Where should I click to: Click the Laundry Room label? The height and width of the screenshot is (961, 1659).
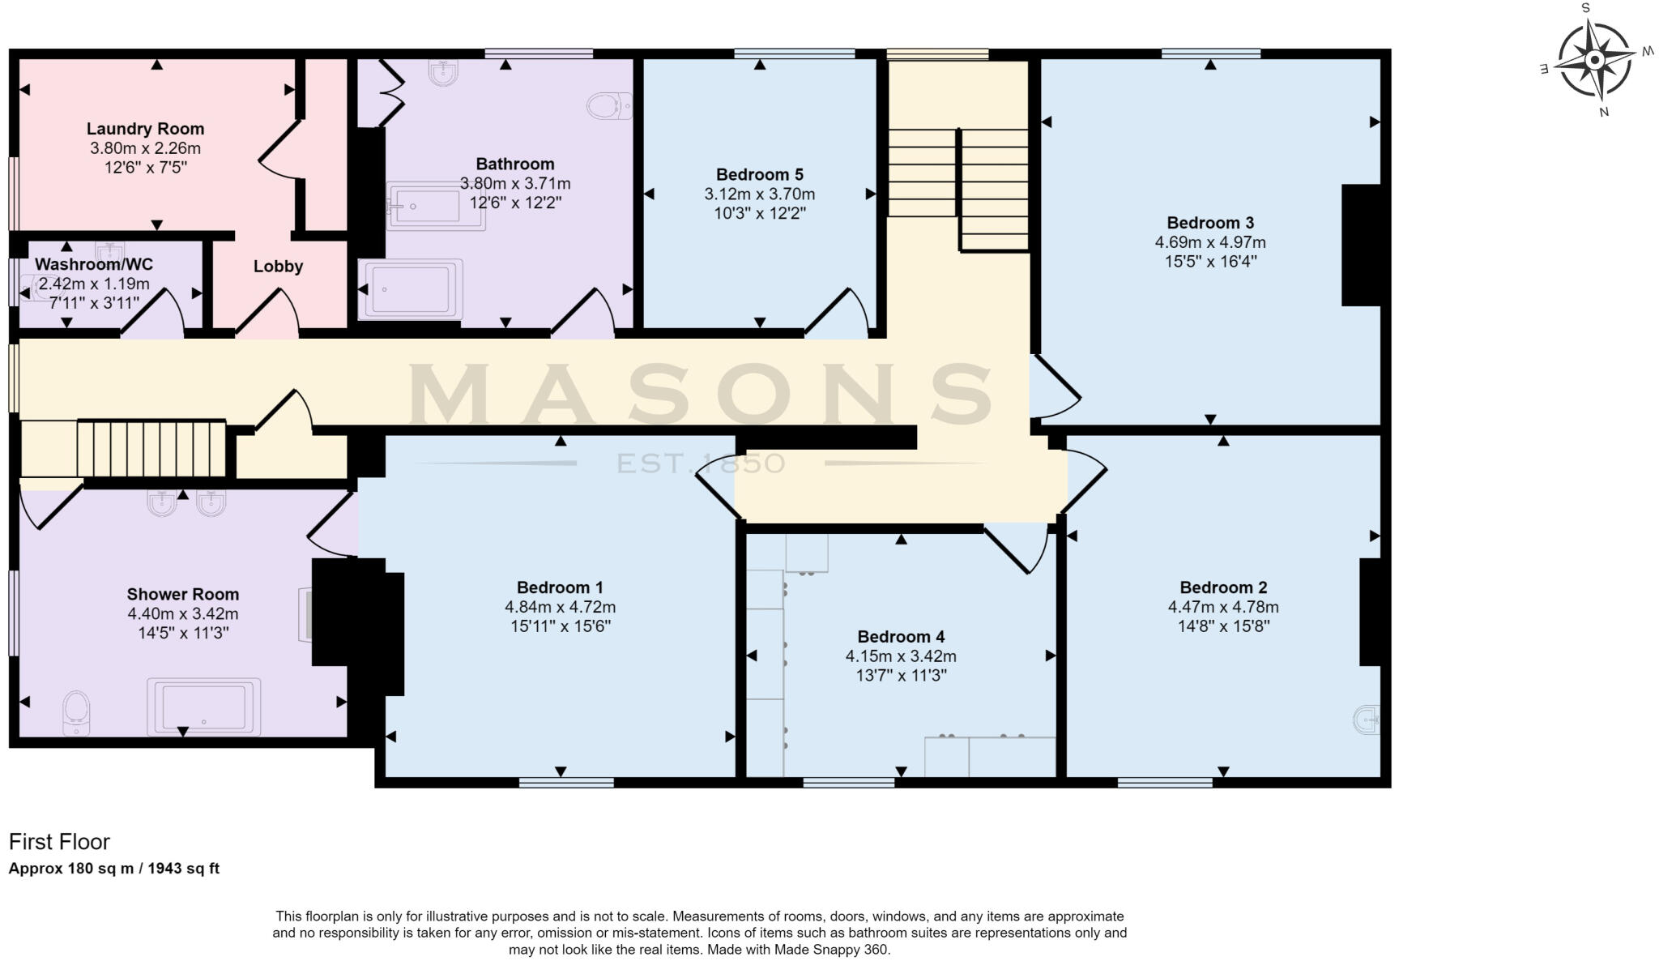(145, 129)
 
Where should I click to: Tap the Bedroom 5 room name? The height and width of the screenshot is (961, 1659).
(759, 174)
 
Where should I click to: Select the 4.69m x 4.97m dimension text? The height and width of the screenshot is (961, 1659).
(1209, 242)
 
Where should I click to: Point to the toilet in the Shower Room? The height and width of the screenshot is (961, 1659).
(76, 712)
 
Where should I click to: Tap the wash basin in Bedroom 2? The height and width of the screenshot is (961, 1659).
(1367, 719)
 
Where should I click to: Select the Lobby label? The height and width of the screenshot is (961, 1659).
(278, 267)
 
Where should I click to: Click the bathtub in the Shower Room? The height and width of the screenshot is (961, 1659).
(203, 707)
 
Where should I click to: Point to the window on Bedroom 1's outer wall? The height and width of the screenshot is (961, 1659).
(566, 783)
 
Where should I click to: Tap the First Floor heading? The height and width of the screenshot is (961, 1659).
(59, 842)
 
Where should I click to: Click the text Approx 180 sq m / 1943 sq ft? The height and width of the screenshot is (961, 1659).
(113, 869)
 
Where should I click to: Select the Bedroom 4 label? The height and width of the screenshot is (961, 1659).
(901, 637)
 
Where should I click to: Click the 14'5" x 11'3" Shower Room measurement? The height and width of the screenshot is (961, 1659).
(183, 633)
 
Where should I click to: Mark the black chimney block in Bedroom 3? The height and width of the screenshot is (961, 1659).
(1361, 246)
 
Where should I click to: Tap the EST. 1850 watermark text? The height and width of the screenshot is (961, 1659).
(701, 463)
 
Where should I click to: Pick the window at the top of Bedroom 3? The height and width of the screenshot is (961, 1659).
(1210, 54)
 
